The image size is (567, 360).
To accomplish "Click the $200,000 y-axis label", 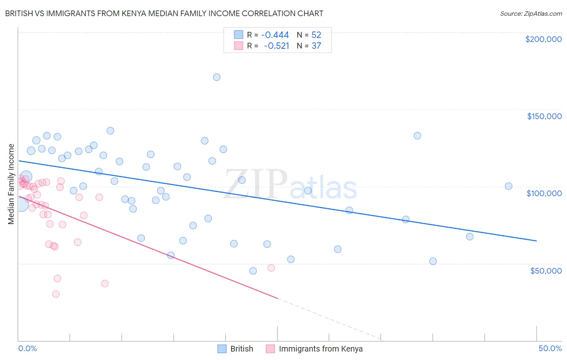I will (543, 39).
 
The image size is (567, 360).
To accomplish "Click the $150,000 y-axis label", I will (544, 116).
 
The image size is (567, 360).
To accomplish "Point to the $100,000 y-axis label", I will (544, 193).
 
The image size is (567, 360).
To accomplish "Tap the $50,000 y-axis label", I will (546, 270).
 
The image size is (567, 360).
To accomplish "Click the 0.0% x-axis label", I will (27, 348).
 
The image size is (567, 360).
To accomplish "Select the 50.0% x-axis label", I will (550, 348).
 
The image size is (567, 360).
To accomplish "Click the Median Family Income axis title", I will (11, 184).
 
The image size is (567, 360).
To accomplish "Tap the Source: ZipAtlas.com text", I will (531, 13).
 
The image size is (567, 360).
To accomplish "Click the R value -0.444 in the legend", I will (275, 35).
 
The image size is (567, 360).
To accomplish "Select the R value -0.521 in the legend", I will (277, 46).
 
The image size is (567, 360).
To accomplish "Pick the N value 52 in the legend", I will (316, 35).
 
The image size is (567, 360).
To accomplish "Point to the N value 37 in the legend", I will (316, 46).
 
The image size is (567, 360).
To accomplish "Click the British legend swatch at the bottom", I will (222, 349).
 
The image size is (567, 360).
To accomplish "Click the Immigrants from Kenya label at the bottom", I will (321, 349).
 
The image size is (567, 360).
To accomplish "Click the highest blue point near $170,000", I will (217, 77).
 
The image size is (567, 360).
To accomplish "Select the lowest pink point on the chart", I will (56, 294).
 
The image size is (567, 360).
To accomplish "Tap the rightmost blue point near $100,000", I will (509, 186).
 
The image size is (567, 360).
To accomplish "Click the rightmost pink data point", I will (271, 268).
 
